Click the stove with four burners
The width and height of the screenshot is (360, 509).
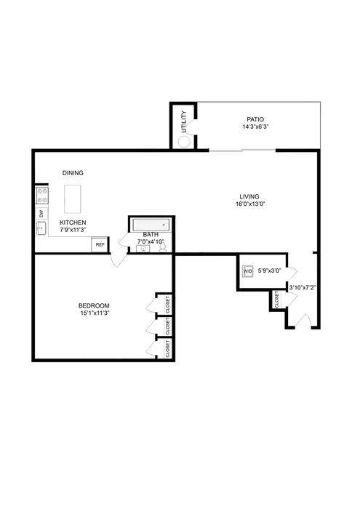pyautogui.click(x=41, y=196)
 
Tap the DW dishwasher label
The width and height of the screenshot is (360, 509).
pyautogui.click(x=41, y=214)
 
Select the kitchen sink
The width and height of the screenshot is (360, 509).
pyautogui.click(x=41, y=228)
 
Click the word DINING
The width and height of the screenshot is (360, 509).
pyautogui.click(x=73, y=173)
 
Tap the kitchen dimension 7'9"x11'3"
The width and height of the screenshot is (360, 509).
pyautogui.click(x=73, y=230)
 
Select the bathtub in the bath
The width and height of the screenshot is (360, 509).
pyautogui.click(x=151, y=225)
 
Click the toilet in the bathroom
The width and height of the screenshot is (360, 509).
pyautogui.click(x=162, y=248)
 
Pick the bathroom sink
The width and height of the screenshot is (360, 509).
pyautogui.click(x=143, y=249)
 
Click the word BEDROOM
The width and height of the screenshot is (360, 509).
pyautogui.click(x=94, y=305)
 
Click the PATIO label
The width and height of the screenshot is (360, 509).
pyautogui.click(x=255, y=119)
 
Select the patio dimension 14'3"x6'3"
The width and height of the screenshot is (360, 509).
pyautogui.click(x=255, y=127)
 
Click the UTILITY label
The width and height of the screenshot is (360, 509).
pyautogui.click(x=184, y=121)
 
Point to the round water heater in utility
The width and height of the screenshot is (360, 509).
pyautogui.click(x=185, y=142)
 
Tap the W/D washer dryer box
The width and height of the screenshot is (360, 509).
pyautogui.click(x=247, y=272)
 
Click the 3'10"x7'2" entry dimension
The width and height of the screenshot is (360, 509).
pyautogui.click(x=302, y=287)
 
